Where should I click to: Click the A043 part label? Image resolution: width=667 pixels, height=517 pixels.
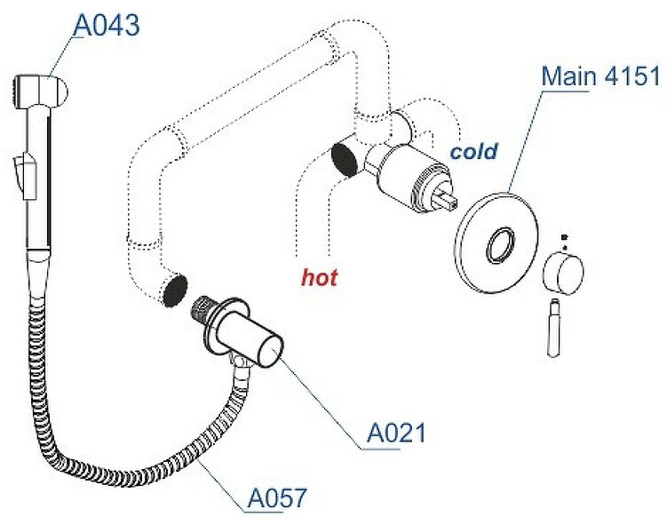106,26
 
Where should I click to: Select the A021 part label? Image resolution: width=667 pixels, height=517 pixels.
396,433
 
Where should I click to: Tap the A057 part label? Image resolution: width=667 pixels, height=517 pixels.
278,496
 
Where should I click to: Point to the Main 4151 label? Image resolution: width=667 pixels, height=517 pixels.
600,76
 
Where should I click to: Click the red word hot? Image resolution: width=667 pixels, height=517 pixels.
320,278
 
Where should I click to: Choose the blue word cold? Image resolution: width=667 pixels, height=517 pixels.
473,151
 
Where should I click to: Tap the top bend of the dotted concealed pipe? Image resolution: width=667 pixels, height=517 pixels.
351,37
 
